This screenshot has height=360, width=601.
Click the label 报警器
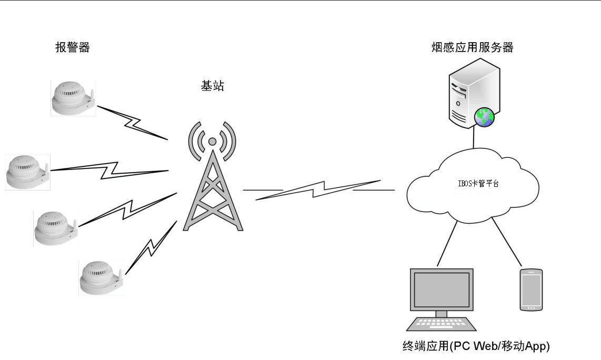(x=73, y=48)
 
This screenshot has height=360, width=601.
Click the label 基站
(x=213, y=86)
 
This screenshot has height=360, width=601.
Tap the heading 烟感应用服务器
(x=472, y=48)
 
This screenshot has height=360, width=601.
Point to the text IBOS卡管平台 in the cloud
(x=478, y=184)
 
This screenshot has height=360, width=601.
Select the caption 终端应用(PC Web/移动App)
(x=476, y=346)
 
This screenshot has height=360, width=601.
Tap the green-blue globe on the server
(x=484, y=117)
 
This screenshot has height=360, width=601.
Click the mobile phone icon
(x=531, y=289)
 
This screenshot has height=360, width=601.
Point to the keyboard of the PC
(x=442, y=324)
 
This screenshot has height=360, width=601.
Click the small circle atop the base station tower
(x=212, y=141)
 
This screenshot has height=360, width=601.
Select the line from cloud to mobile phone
(x=507, y=243)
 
